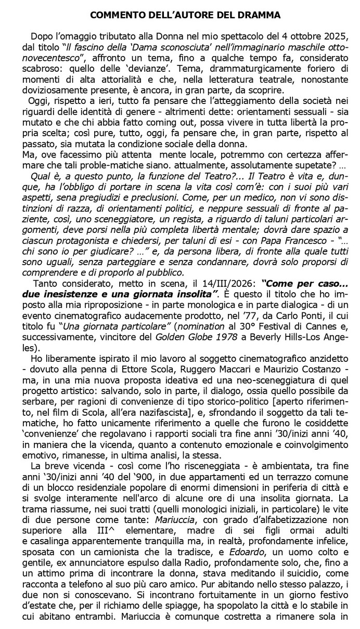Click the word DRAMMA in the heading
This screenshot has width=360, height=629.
click(x=258, y=16)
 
